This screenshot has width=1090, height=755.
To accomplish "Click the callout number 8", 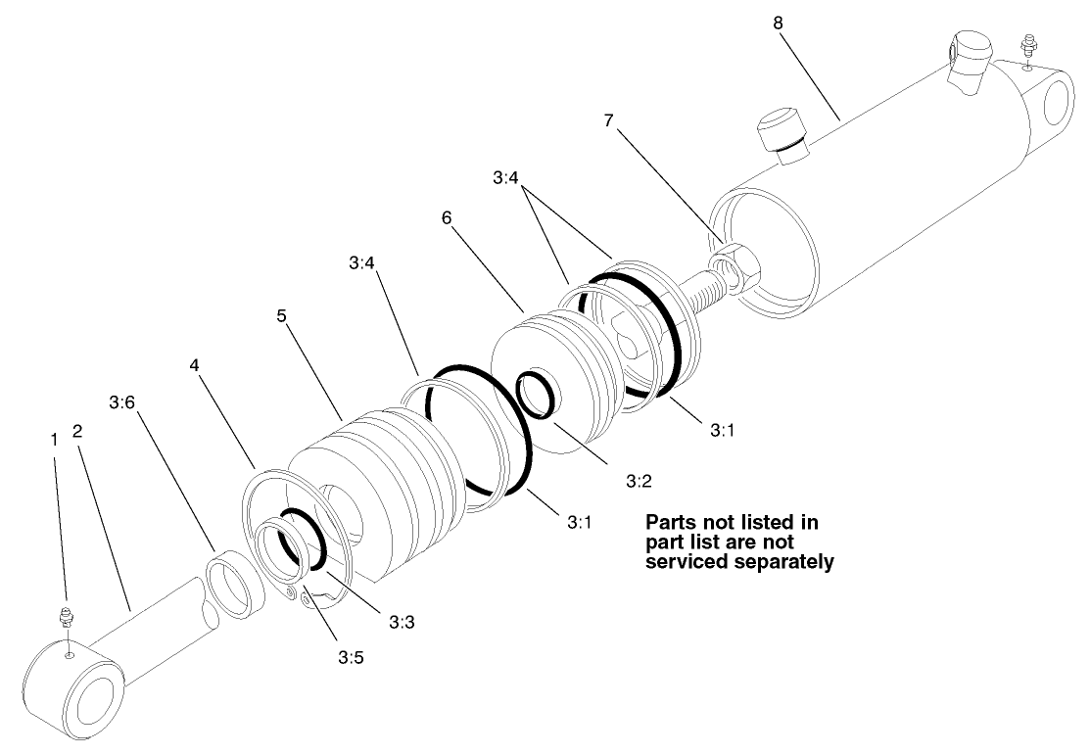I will [778, 23].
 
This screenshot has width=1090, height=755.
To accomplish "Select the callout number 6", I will [447, 217].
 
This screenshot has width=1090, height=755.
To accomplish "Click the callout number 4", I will [194, 364].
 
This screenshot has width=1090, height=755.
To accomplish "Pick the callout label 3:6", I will [121, 402].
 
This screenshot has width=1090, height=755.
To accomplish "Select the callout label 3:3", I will [402, 621].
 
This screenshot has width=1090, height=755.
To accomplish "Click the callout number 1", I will [54, 440].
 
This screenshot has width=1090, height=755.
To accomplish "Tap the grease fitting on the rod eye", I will [67, 619].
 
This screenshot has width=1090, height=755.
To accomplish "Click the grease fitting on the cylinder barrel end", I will [1027, 44].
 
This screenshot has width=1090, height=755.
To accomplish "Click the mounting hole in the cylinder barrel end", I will [1060, 107].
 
